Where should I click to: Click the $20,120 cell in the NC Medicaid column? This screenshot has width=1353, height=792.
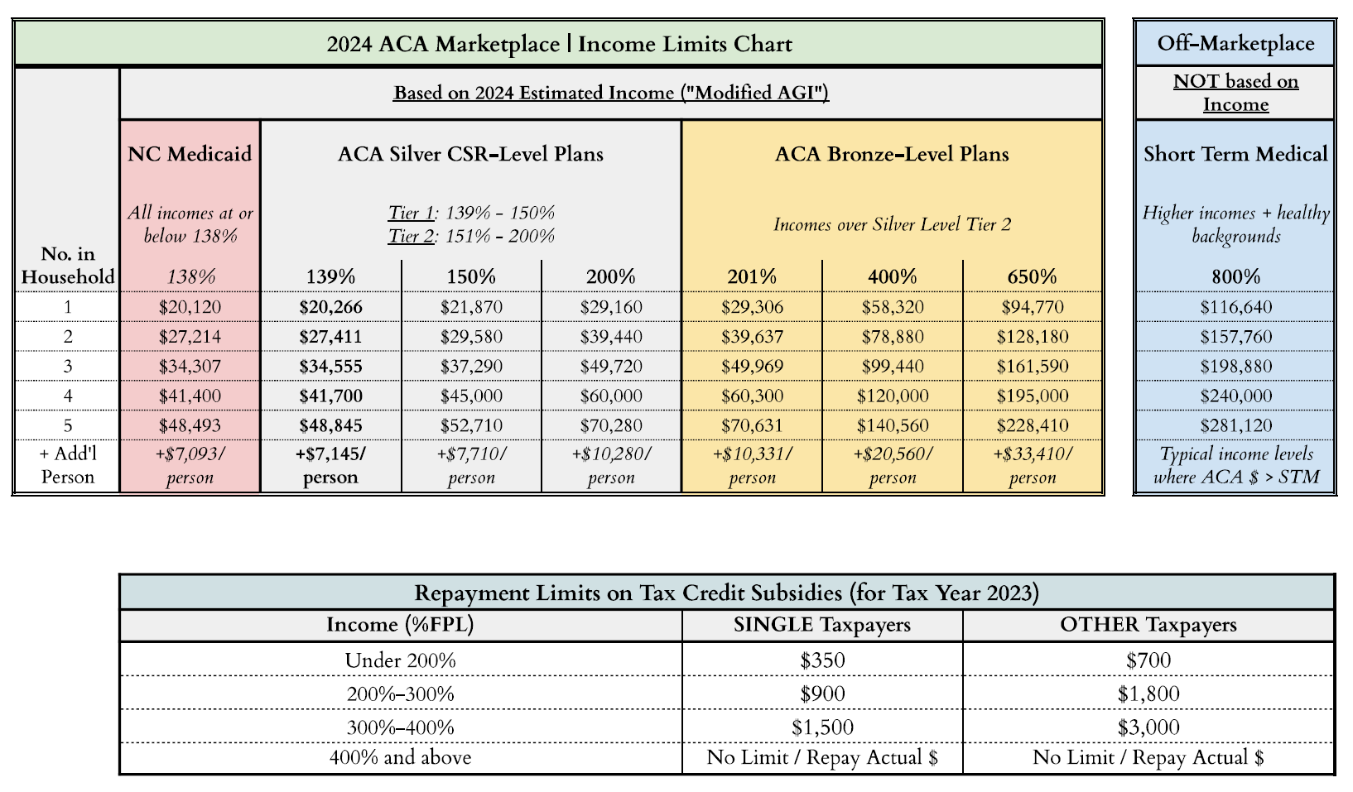coord(190,307)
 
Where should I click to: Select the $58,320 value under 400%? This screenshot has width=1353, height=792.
coord(892,307)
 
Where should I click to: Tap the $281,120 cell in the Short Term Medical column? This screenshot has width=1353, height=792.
coord(1235,425)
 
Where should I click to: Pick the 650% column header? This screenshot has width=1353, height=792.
coord(1032,276)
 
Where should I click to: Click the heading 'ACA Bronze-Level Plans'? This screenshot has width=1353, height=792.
coord(892,154)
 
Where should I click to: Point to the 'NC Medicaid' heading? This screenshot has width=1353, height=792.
coord(190,154)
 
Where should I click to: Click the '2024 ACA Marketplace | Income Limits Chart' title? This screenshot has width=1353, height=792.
coord(559,44)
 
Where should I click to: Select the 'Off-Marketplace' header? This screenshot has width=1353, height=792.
coord(1235,43)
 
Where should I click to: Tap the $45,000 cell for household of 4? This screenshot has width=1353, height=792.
coord(471,396)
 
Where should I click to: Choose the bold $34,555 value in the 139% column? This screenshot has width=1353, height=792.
coord(330,366)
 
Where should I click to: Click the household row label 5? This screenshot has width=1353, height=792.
coord(68,425)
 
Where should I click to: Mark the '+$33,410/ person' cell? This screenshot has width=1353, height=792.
coord(1032,465)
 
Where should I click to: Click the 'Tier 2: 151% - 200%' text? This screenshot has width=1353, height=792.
coord(471,236)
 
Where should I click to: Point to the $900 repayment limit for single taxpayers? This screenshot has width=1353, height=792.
coord(822,694)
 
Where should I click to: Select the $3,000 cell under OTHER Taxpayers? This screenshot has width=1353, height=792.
coord(1148,727)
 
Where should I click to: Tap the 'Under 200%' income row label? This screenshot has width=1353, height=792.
coord(400,660)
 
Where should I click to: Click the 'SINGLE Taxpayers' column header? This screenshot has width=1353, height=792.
coord(822,625)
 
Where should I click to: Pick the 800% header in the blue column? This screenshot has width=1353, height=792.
coord(1235,276)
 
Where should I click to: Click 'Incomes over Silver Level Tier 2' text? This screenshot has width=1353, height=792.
coord(892,224)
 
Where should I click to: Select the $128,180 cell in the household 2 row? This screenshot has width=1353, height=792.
coord(1032,337)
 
